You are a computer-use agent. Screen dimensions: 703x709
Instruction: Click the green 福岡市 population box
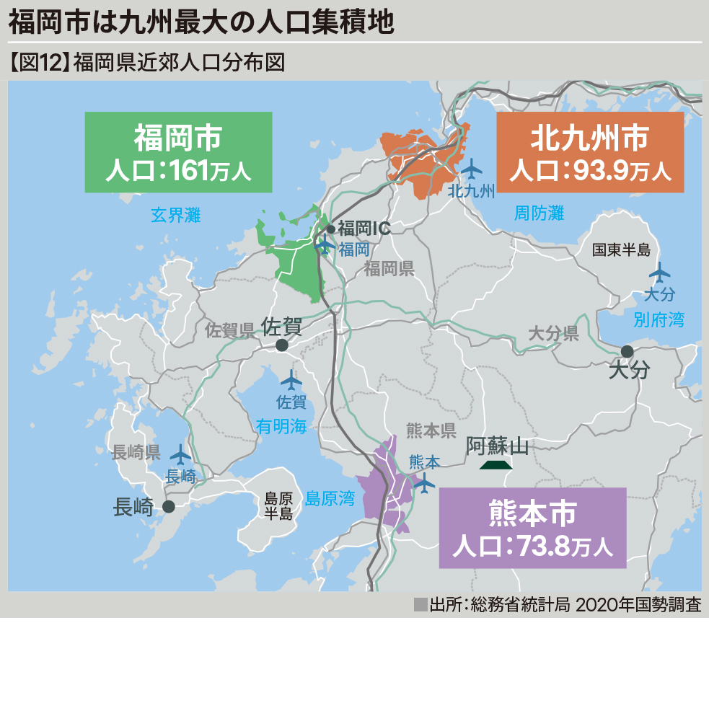point(178,152)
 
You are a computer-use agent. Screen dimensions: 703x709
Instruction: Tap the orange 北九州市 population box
point(590,152)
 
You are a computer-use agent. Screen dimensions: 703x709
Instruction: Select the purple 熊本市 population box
point(532,528)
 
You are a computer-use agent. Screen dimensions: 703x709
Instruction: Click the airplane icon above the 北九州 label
point(472,169)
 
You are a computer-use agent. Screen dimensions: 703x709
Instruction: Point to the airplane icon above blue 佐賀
point(291,379)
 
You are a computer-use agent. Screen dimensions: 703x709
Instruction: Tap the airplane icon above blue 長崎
point(180,454)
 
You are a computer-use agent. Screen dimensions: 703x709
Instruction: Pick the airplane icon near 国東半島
point(659,273)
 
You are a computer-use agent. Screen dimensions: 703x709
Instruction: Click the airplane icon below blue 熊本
point(425,484)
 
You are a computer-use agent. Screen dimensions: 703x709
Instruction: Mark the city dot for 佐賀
point(282,345)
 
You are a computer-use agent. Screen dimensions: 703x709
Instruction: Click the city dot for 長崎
point(169,507)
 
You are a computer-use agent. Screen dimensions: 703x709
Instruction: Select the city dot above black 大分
point(627,351)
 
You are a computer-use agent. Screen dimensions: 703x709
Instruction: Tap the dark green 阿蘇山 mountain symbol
point(496,465)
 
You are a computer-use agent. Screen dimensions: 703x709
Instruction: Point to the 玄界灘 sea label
point(175,215)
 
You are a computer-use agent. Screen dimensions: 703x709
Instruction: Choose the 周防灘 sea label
point(539,213)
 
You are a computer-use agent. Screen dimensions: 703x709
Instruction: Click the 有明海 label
point(281,427)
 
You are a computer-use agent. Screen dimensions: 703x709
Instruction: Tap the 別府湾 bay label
point(659,319)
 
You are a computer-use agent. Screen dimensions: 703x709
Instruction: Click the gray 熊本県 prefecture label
point(431,431)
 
